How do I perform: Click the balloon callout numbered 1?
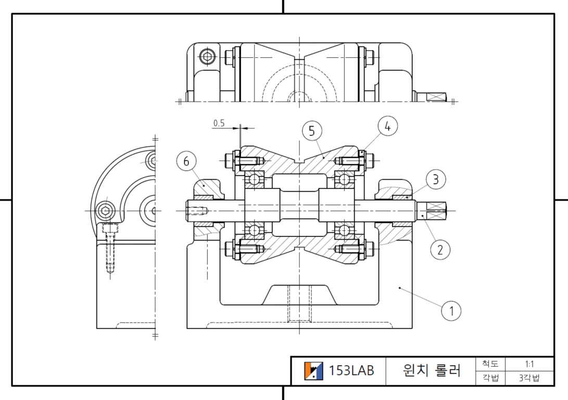pos(451,311)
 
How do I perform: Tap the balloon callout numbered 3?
pos(436,179)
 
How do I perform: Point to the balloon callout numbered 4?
pos(387,126)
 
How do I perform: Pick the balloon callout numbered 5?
pos(312,131)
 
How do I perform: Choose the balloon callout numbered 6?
pos(186,161)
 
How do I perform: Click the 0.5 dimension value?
pos(219,123)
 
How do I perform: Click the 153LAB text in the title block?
pos(351,371)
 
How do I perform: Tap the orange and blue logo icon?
pos(314,371)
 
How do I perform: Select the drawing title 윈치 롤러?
pos(432,371)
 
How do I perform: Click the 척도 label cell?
pos(488,364)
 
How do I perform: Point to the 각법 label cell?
pos(488,378)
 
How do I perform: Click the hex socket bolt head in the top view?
pos(207,56)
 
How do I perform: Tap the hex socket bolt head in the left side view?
pos(105,211)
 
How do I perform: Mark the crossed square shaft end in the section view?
pos(436,210)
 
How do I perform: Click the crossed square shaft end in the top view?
pos(436,97)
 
